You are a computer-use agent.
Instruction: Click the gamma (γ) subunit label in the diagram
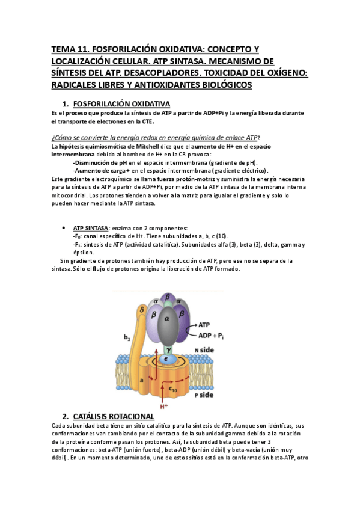[169, 348]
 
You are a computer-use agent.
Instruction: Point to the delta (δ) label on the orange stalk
[142, 311]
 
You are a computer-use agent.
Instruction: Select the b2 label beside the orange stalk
[127, 338]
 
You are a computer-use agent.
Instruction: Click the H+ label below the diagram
[163, 406]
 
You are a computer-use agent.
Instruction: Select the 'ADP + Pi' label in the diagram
[213, 334]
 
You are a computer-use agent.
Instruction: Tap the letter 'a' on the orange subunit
[142, 381]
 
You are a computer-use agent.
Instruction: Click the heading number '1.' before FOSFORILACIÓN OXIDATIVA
[66, 104]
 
